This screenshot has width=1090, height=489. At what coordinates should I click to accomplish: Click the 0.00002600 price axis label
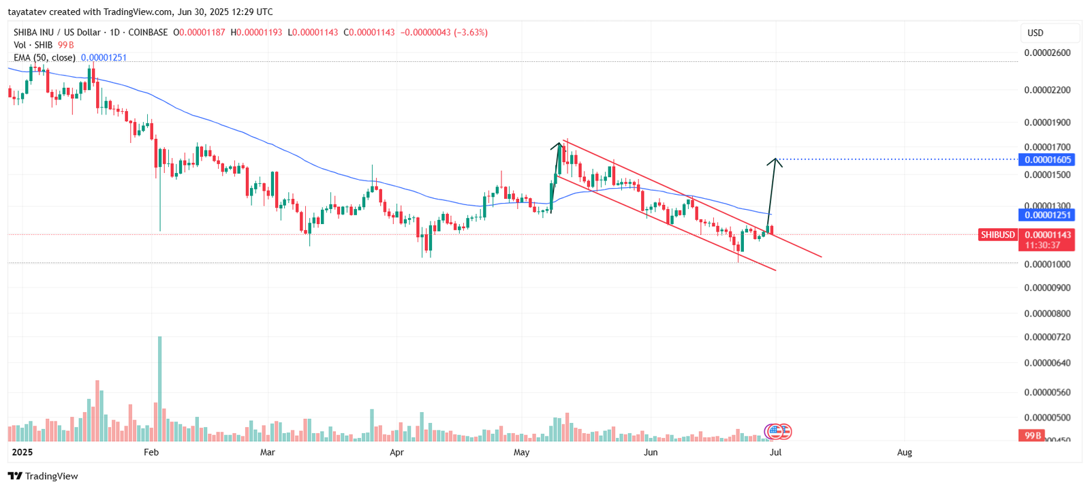coord(1047,52)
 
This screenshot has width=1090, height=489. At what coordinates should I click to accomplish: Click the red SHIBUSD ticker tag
coord(997,234)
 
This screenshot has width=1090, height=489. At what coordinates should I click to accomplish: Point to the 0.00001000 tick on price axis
coord(1047,264)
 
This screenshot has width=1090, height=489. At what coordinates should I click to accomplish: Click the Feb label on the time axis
coord(151,452)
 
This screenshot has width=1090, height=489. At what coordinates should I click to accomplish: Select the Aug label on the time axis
coord(904,452)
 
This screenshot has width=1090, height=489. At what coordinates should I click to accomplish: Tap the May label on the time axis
coord(521,452)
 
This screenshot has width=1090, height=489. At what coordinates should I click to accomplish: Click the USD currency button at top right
coord(1035,33)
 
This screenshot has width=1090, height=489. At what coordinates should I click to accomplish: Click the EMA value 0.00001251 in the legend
coord(104,58)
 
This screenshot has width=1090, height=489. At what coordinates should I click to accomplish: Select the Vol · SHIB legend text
coord(33,45)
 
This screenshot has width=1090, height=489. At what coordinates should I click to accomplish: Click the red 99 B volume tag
coord(1031,435)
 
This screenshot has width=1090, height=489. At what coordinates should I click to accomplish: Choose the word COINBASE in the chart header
coord(148,32)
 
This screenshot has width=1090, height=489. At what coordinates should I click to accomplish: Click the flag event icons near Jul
coord(778,431)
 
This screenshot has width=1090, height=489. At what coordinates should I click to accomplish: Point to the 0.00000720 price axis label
coord(1047,337)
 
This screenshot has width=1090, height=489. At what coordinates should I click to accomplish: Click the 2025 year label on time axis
coord(22,452)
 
